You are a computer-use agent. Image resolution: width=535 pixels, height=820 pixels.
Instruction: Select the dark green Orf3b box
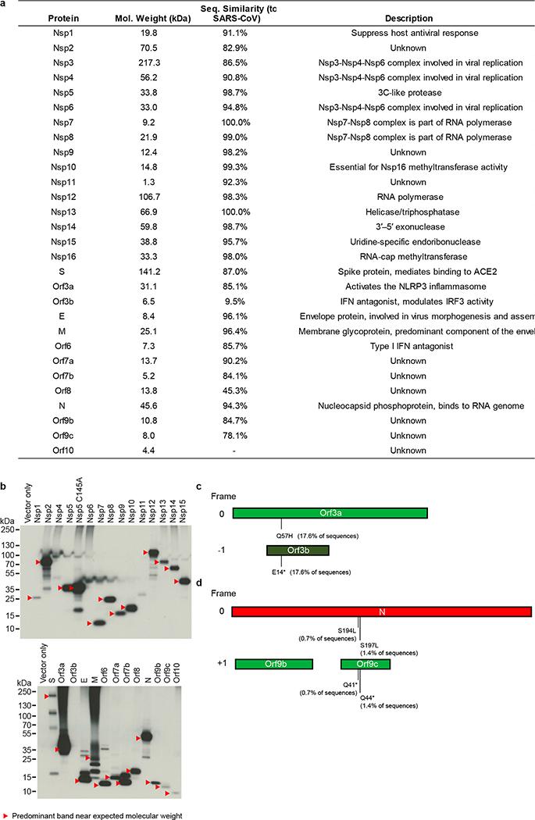click(x=297, y=550)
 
